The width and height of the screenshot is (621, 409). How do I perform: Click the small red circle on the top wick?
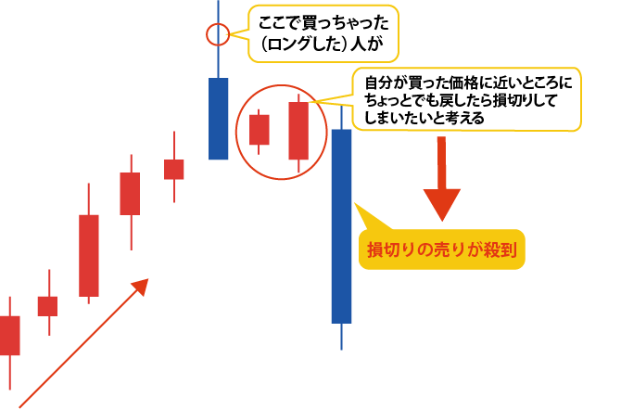[x=217, y=36]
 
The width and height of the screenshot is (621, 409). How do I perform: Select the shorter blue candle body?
[x=219, y=119]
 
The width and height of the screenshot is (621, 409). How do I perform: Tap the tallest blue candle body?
[x=341, y=225]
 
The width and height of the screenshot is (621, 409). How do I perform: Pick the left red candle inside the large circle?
[x=260, y=130]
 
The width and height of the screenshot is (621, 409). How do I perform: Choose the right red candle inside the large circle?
[x=298, y=131]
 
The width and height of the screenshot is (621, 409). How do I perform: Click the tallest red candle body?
[x=89, y=255]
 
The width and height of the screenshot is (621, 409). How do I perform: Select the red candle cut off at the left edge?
[x=9, y=335]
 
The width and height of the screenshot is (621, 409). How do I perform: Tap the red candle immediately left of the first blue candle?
[x=174, y=169]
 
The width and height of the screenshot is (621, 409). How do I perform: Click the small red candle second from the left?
[x=47, y=305]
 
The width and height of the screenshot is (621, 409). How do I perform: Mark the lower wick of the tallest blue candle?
[x=341, y=336]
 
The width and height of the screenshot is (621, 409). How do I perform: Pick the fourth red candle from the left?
[x=130, y=193]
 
